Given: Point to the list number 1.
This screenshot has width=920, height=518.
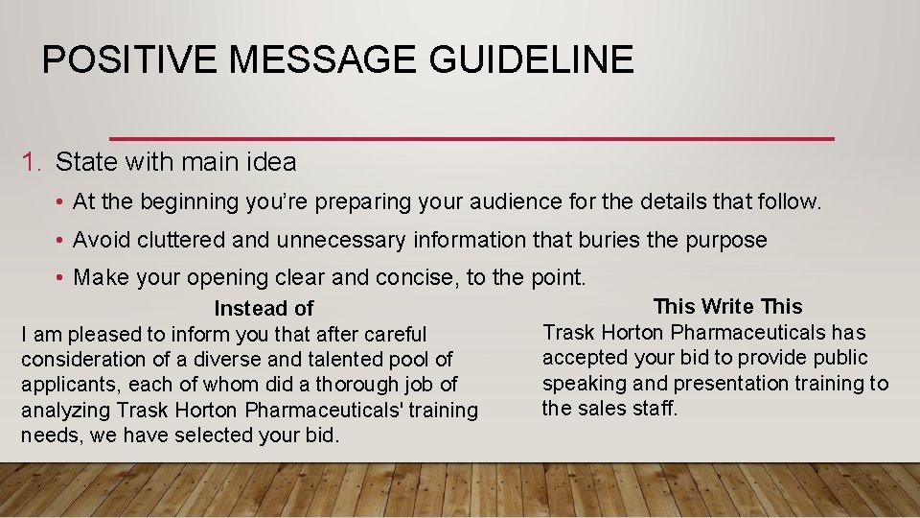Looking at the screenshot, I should (30, 162).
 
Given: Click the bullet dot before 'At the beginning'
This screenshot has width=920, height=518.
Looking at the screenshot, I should (59, 202).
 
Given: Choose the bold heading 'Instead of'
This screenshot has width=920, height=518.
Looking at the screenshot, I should (264, 308).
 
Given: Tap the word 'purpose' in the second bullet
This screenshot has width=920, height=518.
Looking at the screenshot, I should (726, 240).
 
